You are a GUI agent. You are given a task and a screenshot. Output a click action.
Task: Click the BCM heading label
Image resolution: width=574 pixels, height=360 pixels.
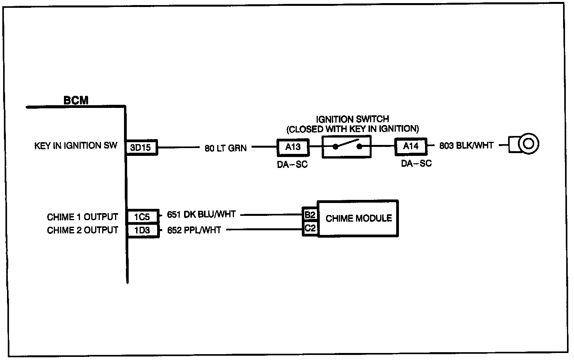click(76, 100)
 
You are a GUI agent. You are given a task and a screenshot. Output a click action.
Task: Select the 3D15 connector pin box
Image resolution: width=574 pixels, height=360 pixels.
click(142, 147)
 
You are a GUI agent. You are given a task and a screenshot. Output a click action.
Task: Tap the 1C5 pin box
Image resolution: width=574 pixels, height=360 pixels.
click(143, 217)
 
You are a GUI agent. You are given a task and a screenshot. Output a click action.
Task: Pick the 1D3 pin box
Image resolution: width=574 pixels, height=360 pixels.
click(143, 230)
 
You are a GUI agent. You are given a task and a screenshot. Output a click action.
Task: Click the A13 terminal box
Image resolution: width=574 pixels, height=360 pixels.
click(293, 147)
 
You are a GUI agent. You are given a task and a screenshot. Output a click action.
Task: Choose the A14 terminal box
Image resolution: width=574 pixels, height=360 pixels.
click(411, 146)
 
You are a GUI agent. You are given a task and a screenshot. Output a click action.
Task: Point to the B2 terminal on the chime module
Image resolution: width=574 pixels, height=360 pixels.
click(310, 215)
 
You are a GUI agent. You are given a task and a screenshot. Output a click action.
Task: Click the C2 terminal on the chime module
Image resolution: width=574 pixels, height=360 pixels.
click(310, 228)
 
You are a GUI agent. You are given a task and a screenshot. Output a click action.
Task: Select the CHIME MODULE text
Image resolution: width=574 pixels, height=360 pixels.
click(358, 218)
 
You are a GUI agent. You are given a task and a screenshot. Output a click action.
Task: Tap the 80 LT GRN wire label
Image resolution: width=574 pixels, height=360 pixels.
click(225, 148)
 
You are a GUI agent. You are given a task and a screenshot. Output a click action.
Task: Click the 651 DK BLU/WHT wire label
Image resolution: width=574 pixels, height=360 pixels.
click(201, 214)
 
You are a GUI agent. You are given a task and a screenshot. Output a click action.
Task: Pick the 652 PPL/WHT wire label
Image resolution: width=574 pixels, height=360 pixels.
click(194, 230)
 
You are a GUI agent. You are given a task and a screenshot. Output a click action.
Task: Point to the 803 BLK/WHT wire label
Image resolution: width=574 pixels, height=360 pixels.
click(466, 145)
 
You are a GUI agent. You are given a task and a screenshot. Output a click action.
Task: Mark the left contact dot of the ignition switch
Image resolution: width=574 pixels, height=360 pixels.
click(335, 147)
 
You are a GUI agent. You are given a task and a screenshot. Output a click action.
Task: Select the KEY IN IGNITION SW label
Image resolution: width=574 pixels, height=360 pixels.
click(76, 145)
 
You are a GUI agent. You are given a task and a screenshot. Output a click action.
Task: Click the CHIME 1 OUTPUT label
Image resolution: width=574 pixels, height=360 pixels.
click(82, 217)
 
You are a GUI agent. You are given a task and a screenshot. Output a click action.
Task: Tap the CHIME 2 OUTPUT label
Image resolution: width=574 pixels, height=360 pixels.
click(82, 230)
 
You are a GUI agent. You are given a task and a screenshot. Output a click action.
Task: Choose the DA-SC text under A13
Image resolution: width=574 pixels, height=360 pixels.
click(292, 164)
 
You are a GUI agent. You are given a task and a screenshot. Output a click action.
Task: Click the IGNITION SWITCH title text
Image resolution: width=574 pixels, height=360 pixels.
click(353, 119)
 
